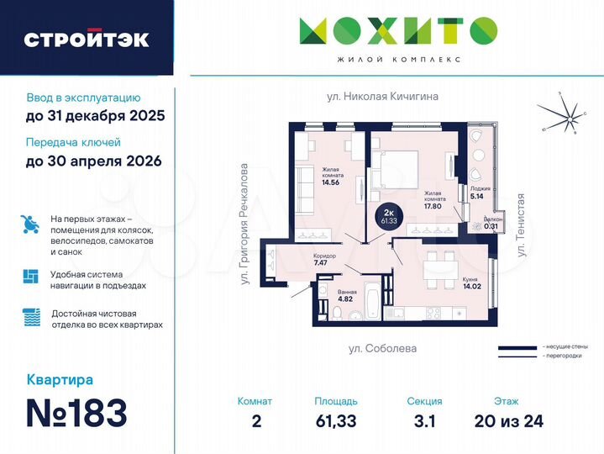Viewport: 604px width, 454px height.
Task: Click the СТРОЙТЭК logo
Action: [87, 39]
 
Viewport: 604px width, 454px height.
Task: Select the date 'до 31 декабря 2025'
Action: [95, 116]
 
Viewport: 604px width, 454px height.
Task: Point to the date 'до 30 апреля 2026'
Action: [93, 160]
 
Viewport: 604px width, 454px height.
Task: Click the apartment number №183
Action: [76, 412]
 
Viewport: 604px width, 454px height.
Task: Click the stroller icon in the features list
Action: [30, 224]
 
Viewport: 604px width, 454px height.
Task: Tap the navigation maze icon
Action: [30, 277]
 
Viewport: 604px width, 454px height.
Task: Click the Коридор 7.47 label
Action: [323, 260]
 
